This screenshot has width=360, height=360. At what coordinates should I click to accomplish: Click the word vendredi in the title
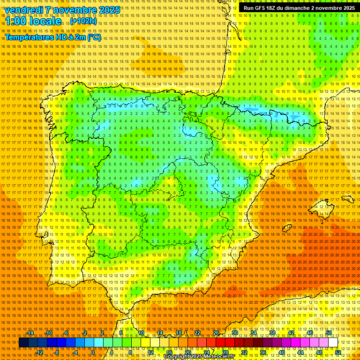click(26, 10)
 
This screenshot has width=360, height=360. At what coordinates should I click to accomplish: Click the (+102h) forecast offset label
click(84, 21)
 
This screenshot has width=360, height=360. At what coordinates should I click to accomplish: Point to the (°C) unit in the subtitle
click(94, 37)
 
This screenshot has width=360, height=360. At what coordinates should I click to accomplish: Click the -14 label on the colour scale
click(30, 333)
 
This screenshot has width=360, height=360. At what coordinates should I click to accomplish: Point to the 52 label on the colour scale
click(337, 352)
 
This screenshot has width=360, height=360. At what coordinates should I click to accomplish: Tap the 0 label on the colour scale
click(93, 352)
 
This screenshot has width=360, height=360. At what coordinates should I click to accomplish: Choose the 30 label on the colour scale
click(234, 333)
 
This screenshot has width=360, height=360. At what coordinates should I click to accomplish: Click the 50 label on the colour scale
click(329, 333)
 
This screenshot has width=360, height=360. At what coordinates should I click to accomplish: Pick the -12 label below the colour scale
click(39, 352)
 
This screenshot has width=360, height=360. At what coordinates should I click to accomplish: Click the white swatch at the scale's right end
click(333, 343)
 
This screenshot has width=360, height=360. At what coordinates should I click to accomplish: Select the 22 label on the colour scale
click(197, 333)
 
